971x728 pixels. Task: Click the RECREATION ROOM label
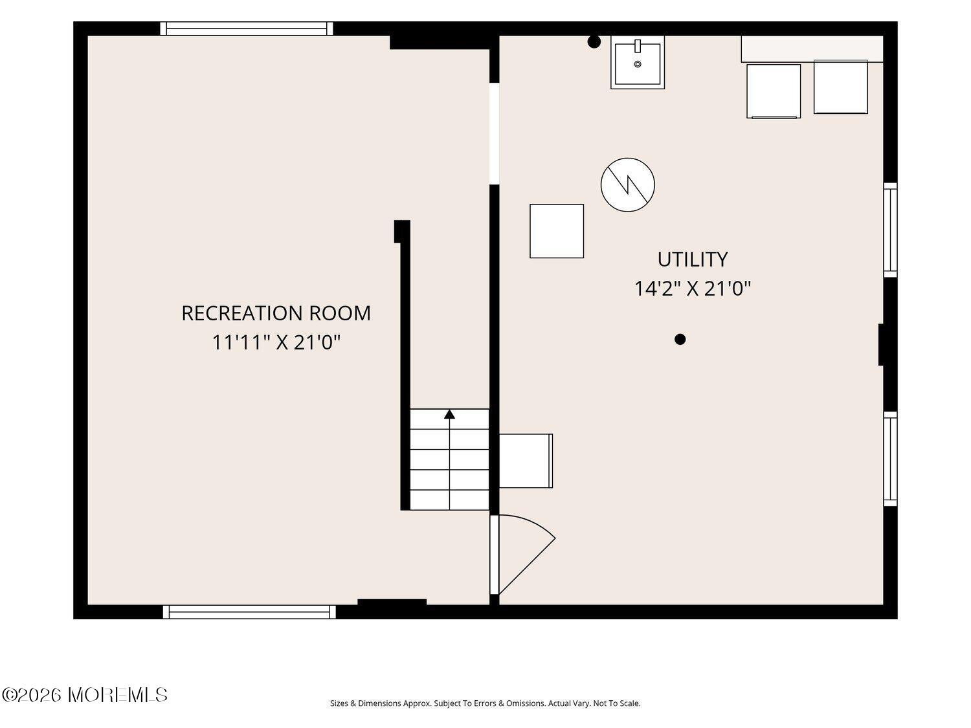(x=276, y=313)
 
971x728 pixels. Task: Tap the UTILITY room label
(x=692, y=259)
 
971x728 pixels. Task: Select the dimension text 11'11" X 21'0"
(x=276, y=342)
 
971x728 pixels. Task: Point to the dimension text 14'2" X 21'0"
(x=692, y=289)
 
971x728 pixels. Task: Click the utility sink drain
(x=638, y=64)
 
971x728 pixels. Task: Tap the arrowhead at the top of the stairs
(x=449, y=414)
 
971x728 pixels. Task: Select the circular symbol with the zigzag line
(x=628, y=185)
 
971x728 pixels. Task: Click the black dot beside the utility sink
(x=594, y=42)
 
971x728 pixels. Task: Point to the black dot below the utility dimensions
(x=680, y=340)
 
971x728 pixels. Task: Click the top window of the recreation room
(x=247, y=28)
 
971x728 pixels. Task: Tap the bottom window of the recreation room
(x=249, y=612)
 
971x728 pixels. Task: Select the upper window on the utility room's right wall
(x=890, y=230)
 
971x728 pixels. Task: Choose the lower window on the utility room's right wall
(x=890, y=459)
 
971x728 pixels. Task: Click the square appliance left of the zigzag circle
(x=557, y=231)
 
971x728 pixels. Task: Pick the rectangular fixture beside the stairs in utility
(x=526, y=461)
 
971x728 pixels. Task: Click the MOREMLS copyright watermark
(x=85, y=695)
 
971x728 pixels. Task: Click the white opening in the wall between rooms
(x=494, y=133)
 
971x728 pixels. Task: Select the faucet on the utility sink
(x=638, y=46)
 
